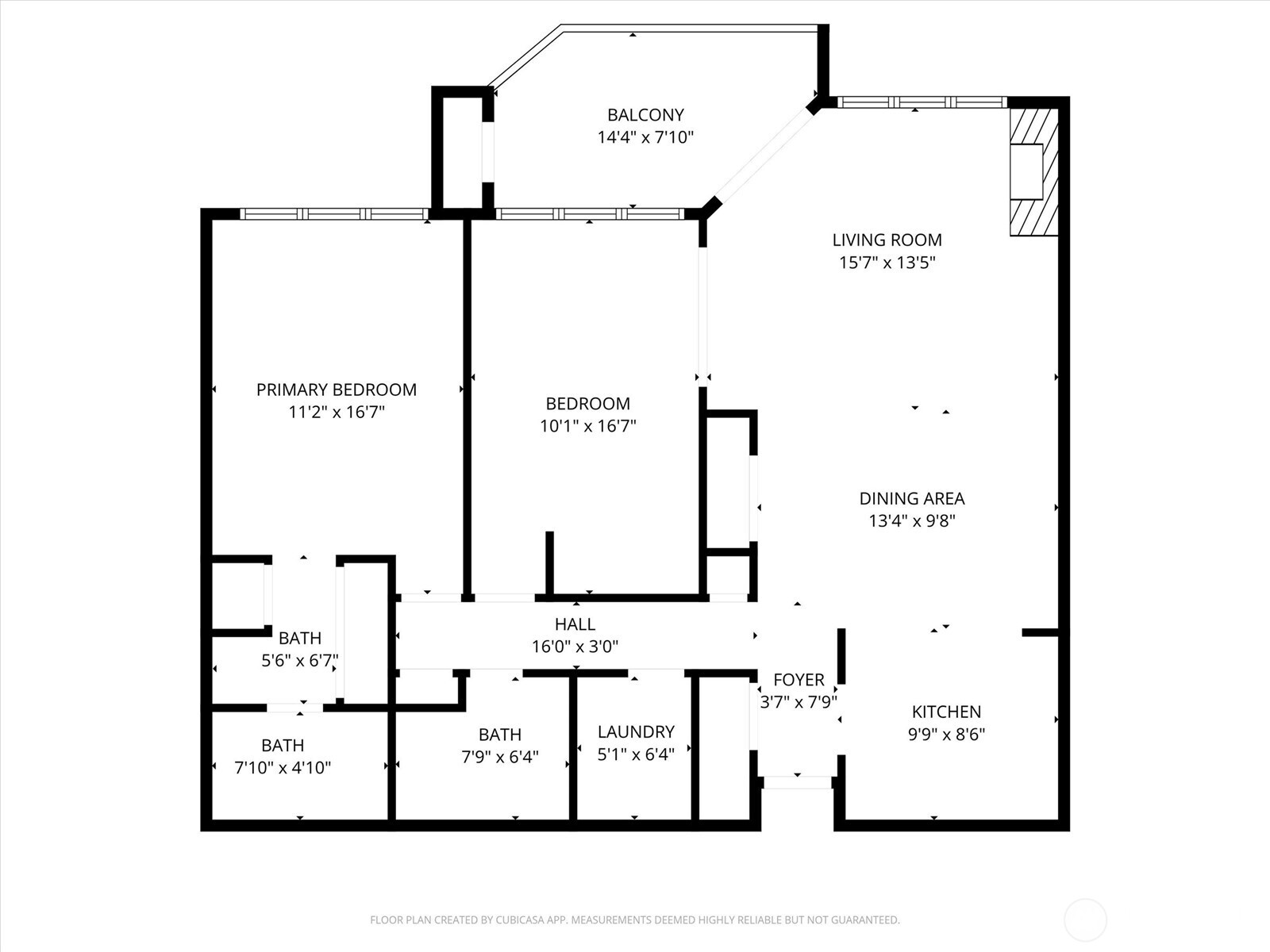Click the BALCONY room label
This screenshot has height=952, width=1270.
[x=645, y=115]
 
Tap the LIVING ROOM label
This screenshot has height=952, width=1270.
[x=887, y=240]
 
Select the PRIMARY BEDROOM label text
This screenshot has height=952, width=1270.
[x=337, y=390]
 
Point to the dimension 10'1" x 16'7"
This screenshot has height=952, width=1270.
[x=588, y=426]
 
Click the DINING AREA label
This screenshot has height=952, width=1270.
[x=912, y=498]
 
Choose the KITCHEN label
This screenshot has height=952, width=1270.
[x=947, y=712]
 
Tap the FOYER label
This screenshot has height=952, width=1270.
[x=799, y=680]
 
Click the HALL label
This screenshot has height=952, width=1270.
[x=575, y=624]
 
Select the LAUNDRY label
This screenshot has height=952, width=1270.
[x=636, y=731]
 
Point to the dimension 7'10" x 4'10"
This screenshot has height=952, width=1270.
[x=283, y=768]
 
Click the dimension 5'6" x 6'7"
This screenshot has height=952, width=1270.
[x=300, y=660]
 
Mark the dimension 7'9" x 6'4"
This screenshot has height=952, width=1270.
[x=500, y=757]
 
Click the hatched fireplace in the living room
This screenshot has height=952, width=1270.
[x=1034, y=171]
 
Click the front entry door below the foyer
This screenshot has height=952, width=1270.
[x=797, y=783]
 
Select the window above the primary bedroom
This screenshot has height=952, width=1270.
[x=334, y=214]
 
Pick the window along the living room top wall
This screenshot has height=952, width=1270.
[x=922, y=102]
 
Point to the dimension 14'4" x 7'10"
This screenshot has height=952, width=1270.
[x=645, y=137]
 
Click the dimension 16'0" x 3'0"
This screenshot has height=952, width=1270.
[x=575, y=647]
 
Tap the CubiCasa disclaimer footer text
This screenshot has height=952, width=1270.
[x=635, y=919]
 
